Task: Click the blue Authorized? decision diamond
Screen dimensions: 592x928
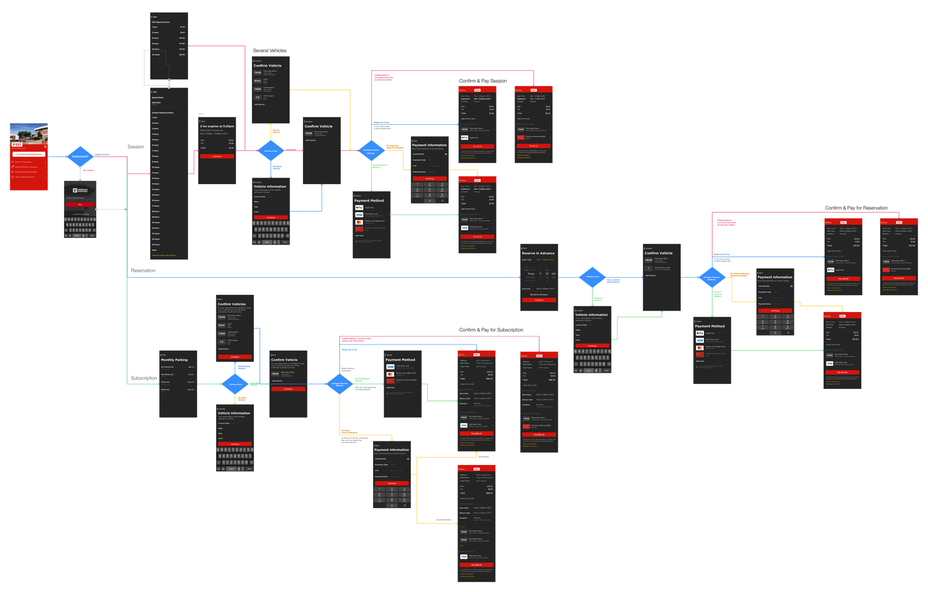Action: pyautogui.click(x=80, y=156)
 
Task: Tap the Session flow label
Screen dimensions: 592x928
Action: pyautogui.click(x=135, y=146)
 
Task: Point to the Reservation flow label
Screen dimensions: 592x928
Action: pyautogui.click(x=143, y=270)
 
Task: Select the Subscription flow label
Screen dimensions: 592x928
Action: pyautogui.click(x=144, y=378)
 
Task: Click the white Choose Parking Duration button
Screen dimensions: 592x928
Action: pyautogui.click(x=29, y=154)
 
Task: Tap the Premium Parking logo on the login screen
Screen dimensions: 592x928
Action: pyautogui.click(x=80, y=190)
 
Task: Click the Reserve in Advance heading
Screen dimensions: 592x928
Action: pyautogui.click(x=538, y=253)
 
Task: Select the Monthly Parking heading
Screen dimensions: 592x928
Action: pyautogui.click(x=174, y=360)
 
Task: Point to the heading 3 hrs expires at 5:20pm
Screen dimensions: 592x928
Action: pyautogui.click(x=217, y=126)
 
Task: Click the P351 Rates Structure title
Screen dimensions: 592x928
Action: pyautogui.click(x=161, y=22)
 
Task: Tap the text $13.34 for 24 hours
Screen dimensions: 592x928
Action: pyautogui.click(x=539, y=294)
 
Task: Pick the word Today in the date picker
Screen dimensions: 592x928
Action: pyautogui.click(x=531, y=274)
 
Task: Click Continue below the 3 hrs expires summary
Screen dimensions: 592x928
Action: pyautogui.click(x=217, y=156)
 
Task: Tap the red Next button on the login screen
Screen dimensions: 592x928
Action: pyautogui.click(x=80, y=204)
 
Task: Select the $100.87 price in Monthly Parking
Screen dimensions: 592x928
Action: pyautogui.click(x=191, y=389)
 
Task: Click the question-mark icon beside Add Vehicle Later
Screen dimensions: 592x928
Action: pyautogui.click(x=648, y=268)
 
